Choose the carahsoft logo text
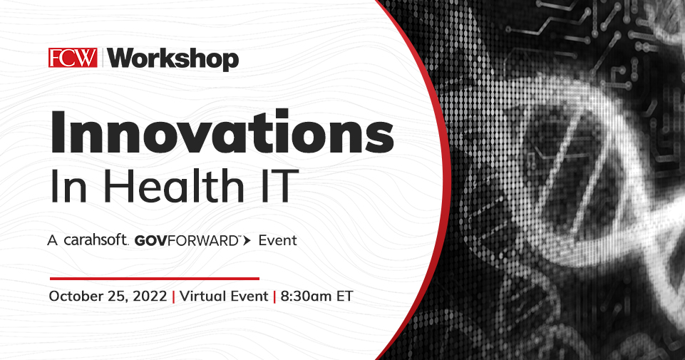pos(96,241)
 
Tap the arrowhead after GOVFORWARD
pos(247,241)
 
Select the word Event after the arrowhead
pos(277,241)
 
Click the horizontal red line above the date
pos(154,278)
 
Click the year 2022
pos(150,297)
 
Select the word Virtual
pos(202,297)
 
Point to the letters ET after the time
pos(345,297)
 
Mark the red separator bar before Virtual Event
pos(173,297)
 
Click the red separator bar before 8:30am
pos(274,297)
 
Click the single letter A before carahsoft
pos(52,241)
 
